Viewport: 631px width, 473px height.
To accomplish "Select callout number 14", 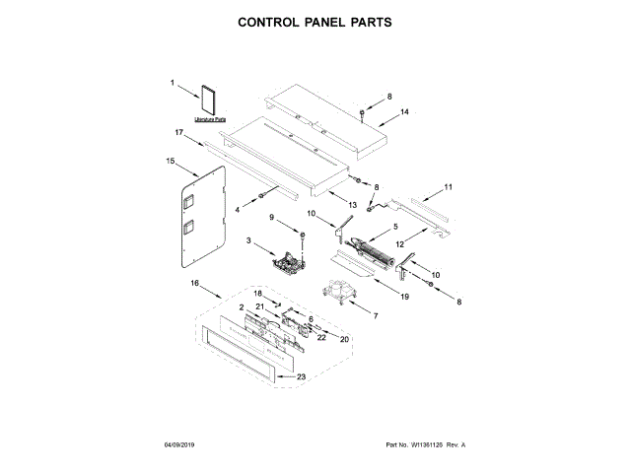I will pos(403,112).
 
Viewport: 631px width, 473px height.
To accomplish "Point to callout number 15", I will pos(170,161).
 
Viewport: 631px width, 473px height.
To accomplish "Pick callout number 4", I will pos(237,210).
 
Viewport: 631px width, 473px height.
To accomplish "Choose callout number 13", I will pos(350,204).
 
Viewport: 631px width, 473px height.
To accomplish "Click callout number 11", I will pos(448,186).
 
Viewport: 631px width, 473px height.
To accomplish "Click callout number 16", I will pos(194,284).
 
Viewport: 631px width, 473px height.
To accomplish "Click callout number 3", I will pos(248,242).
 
